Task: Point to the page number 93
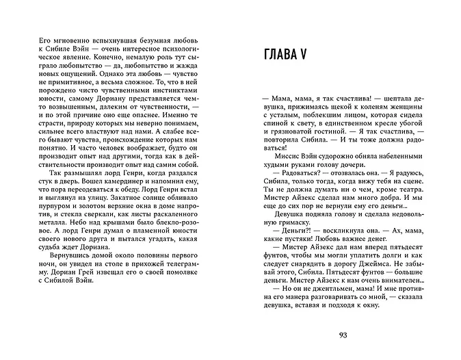[343, 335]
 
